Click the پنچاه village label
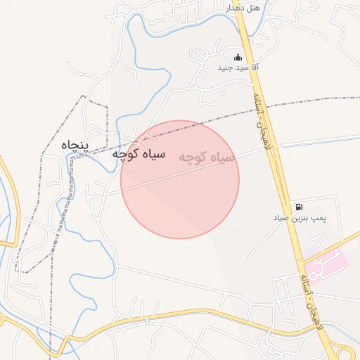pyautogui.click(x=76, y=145)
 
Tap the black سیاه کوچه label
pyautogui.click(x=139, y=154)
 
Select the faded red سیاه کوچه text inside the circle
pyautogui.click(x=207, y=159)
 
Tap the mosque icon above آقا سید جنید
pyautogui.click(x=238, y=57)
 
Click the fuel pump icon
pyautogui.click(x=300, y=207)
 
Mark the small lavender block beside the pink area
pyautogui.click(x=309, y=252)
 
